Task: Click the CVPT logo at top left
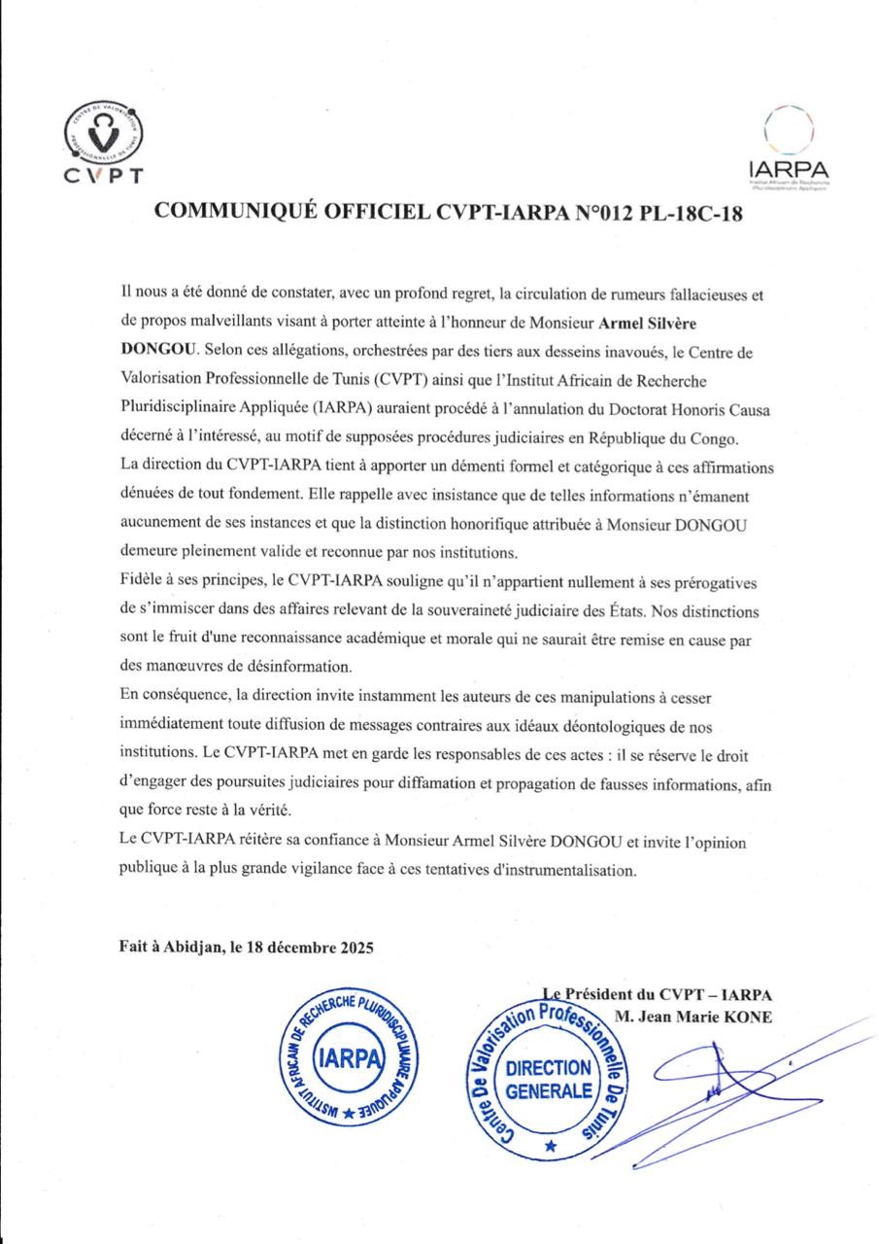(103, 143)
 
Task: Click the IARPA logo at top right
(789, 146)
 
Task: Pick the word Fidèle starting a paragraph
(142, 581)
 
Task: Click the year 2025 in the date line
(354, 946)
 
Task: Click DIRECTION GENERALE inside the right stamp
(549, 1079)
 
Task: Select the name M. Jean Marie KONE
(693, 1017)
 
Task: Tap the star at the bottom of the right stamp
(551, 1147)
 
